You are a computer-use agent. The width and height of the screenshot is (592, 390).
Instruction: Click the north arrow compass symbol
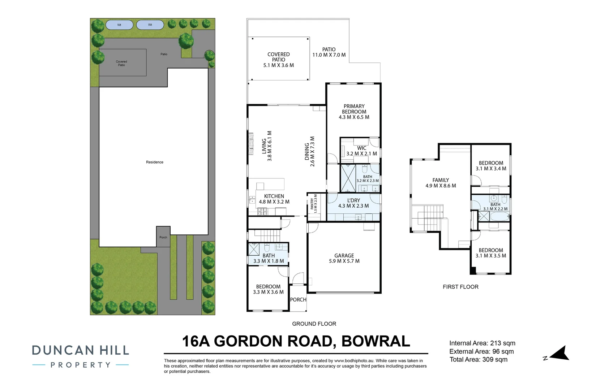pyautogui.click(x=559, y=354)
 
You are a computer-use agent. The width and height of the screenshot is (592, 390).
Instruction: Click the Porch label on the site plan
pyautogui.click(x=163, y=237)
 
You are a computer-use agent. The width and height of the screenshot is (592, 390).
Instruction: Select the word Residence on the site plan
pyautogui.click(x=155, y=162)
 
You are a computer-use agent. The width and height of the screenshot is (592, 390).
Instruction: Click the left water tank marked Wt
pyautogui.click(x=119, y=25)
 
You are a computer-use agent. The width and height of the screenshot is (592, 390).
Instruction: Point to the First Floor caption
pyautogui.click(x=460, y=287)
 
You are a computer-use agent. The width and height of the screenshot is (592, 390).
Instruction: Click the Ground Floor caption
pyautogui.click(x=314, y=324)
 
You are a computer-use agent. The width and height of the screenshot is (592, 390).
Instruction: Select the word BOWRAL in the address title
pyautogui.click(x=376, y=341)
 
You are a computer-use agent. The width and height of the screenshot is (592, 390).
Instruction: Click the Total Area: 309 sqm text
pyautogui.click(x=478, y=359)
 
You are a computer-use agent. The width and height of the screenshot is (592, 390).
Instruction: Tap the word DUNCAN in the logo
pyautogui.click(x=63, y=350)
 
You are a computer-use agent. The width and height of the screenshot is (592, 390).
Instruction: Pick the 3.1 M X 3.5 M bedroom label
pyautogui.click(x=491, y=256)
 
